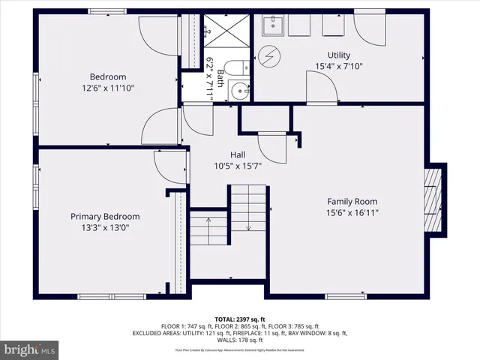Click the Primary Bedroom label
[x=105, y=217]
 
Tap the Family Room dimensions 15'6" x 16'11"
[x=352, y=212]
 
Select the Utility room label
[x=338, y=55]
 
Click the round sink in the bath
[x=239, y=91]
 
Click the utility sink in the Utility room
[x=272, y=26]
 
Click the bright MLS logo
[x=30, y=349]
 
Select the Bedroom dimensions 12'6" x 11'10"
[x=108, y=88]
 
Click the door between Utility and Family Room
[x=321, y=88]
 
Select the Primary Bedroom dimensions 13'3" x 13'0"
[x=105, y=227]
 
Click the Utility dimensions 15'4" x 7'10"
[x=338, y=66]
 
